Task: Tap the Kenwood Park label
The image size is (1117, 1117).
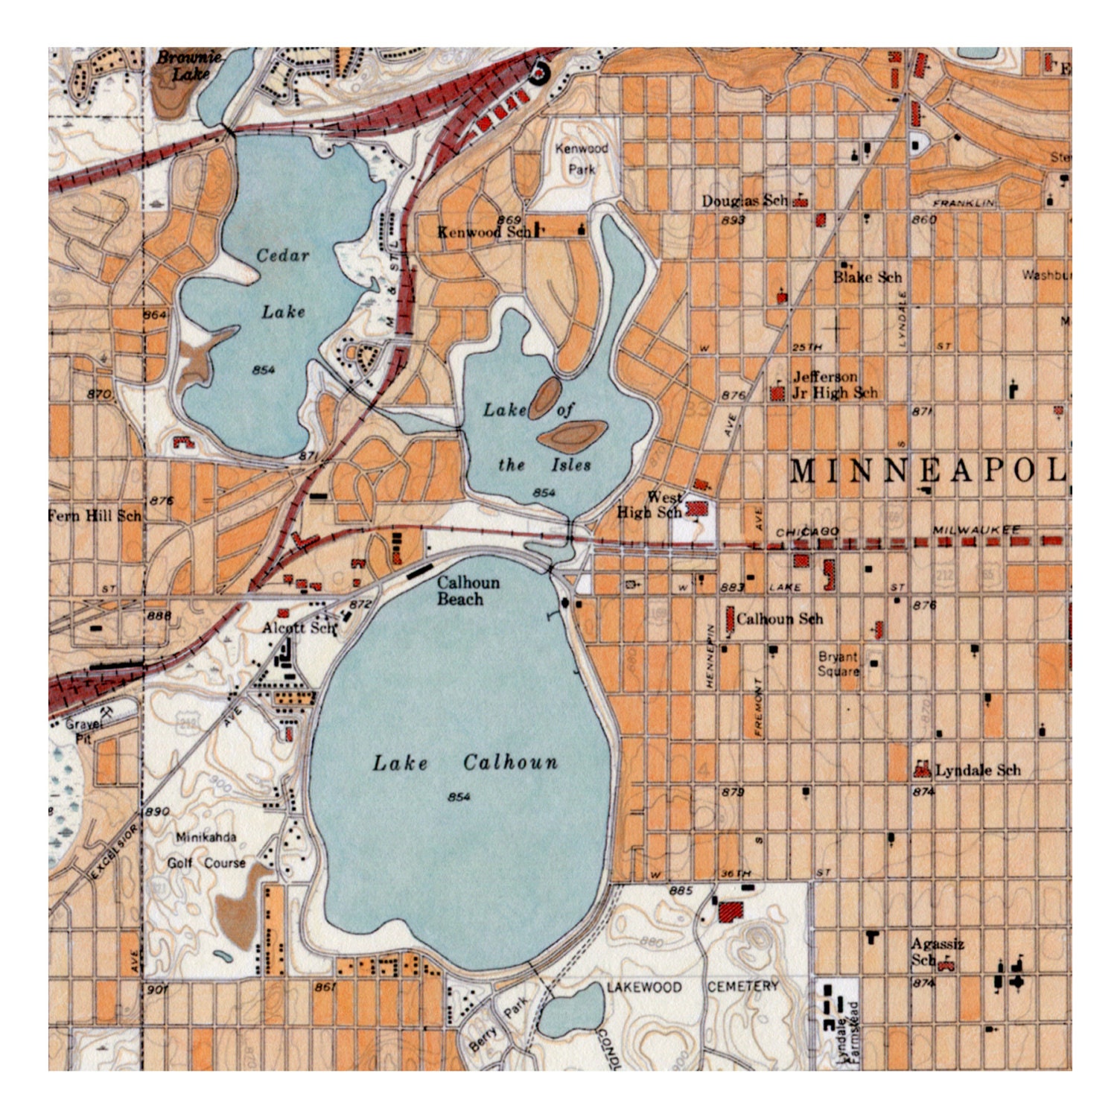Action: click(x=582, y=159)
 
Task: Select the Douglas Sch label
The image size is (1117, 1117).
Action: click(x=744, y=201)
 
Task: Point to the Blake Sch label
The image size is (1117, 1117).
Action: click(x=867, y=277)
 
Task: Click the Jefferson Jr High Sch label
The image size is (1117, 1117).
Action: click(x=834, y=385)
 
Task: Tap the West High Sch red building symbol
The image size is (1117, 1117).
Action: click(x=698, y=509)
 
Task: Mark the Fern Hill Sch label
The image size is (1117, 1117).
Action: click(x=95, y=515)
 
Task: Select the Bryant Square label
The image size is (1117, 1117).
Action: click(x=838, y=663)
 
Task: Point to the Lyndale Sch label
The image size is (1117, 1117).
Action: click(x=977, y=770)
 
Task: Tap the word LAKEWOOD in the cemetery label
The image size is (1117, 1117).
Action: click(x=643, y=987)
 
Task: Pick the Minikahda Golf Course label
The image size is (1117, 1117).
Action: click(x=206, y=850)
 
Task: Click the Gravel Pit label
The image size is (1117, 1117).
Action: click(x=80, y=731)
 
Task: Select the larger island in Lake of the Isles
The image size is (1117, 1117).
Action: click(x=572, y=436)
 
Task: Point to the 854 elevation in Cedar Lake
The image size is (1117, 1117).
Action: click(x=264, y=370)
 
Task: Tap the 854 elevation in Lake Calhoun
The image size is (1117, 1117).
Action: click(x=459, y=797)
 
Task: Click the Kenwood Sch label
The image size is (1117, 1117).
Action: click(x=484, y=232)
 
